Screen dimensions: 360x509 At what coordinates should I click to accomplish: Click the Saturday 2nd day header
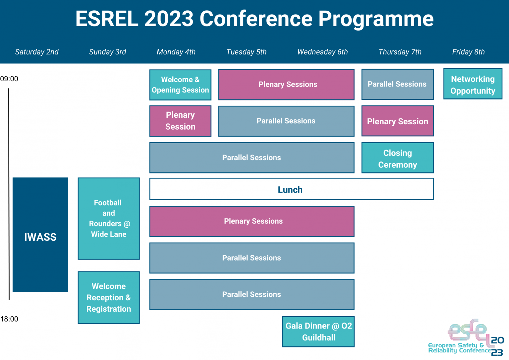pos(37,52)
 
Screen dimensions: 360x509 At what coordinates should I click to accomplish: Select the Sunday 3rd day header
pos(107,52)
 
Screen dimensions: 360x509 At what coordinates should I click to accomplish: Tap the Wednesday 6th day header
pos(322,52)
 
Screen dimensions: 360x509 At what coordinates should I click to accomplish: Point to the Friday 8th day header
pos(468,52)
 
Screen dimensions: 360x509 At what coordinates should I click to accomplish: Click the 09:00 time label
pos(9,79)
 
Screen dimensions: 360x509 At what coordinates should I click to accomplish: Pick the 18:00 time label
pos(9,319)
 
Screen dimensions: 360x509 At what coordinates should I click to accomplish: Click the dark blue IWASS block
pos(40,235)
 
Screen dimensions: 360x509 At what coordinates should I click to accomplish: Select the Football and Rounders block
pos(109,218)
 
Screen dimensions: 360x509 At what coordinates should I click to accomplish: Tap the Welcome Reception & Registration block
pos(109,298)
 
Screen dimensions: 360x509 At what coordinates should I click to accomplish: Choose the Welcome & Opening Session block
pos(180,85)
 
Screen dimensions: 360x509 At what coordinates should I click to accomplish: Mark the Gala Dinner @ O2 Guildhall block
pos(318,332)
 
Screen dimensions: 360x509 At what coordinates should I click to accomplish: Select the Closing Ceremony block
pos(398,158)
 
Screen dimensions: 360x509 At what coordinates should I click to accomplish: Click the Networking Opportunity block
pos(473,84)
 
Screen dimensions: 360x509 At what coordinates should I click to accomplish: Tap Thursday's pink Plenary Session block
pos(398,121)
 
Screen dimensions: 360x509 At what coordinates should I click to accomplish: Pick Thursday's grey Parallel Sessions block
pos(398,84)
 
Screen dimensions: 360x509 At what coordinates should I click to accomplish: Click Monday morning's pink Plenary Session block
pos(180,121)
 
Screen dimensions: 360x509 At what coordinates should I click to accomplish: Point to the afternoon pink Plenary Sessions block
pos(252,221)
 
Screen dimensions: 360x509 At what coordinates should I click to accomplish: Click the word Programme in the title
pos(376,19)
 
